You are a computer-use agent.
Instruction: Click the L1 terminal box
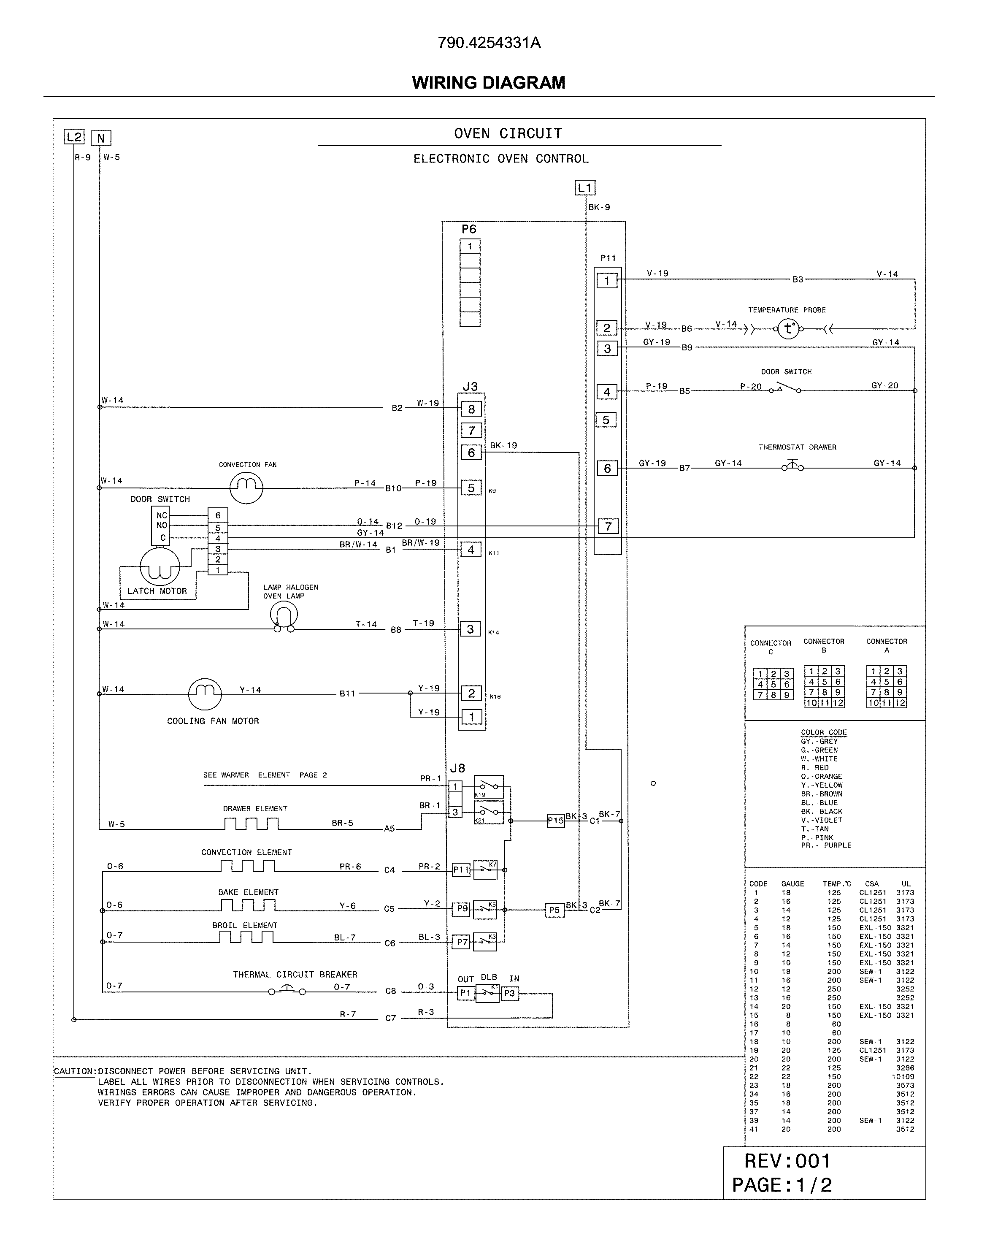pyautogui.click(x=584, y=188)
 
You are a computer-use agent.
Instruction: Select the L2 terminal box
pyautogui.click(x=74, y=137)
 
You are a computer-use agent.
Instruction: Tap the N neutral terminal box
pyautogui.click(x=101, y=138)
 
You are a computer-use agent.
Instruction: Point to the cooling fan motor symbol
pyautogui.click(x=205, y=694)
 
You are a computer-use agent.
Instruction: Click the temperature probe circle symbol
pyautogui.click(x=788, y=329)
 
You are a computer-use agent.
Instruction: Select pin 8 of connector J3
pyautogui.click(x=471, y=409)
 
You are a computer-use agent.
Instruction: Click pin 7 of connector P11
pyautogui.click(x=608, y=526)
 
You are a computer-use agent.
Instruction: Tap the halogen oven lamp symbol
pyautogui.click(x=284, y=616)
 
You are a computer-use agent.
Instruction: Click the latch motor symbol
pyautogui.click(x=160, y=566)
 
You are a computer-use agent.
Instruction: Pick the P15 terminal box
pyautogui.click(x=555, y=820)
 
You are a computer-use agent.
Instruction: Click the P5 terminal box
pyautogui.click(x=554, y=910)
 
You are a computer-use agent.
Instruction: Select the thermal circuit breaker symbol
pyautogui.click(x=287, y=991)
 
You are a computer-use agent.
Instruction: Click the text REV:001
pyautogui.click(x=787, y=1161)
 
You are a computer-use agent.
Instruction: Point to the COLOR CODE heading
pyautogui.click(x=824, y=732)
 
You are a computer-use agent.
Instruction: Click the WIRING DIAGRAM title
pyautogui.click(x=488, y=82)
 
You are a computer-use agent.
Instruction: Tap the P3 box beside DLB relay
pyautogui.click(x=509, y=993)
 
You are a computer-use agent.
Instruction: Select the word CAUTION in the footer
pyautogui.click(x=74, y=1071)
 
